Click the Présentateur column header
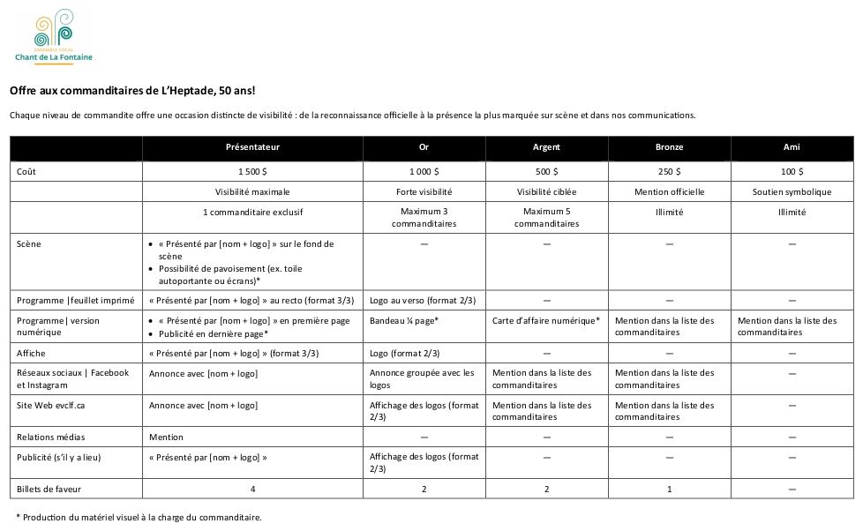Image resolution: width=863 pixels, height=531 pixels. click(252, 147)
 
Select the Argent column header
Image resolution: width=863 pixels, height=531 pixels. click(546, 147)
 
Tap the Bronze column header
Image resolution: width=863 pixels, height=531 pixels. click(669, 147)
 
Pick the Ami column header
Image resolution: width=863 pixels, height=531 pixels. click(792, 147)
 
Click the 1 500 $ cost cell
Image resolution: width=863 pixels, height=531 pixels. click(252, 171)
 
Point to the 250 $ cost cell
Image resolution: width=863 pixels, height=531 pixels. click(669, 171)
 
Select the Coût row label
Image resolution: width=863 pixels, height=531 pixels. click(26, 171)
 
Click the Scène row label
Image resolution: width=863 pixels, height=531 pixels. click(29, 243)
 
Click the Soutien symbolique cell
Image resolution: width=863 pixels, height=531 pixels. click(792, 191)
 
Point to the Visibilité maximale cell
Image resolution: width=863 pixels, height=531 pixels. click(252, 191)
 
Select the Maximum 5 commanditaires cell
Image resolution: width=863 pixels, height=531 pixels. click(546, 218)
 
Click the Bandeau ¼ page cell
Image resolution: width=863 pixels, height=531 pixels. click(404, 321)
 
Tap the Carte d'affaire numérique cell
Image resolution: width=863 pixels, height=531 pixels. click(546, 321)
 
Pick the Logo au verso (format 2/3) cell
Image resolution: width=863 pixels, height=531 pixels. click(423, 301)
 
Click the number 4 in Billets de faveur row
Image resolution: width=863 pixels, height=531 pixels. click(252, 489)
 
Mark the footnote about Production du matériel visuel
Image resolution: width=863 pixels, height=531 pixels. click(139, 517)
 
